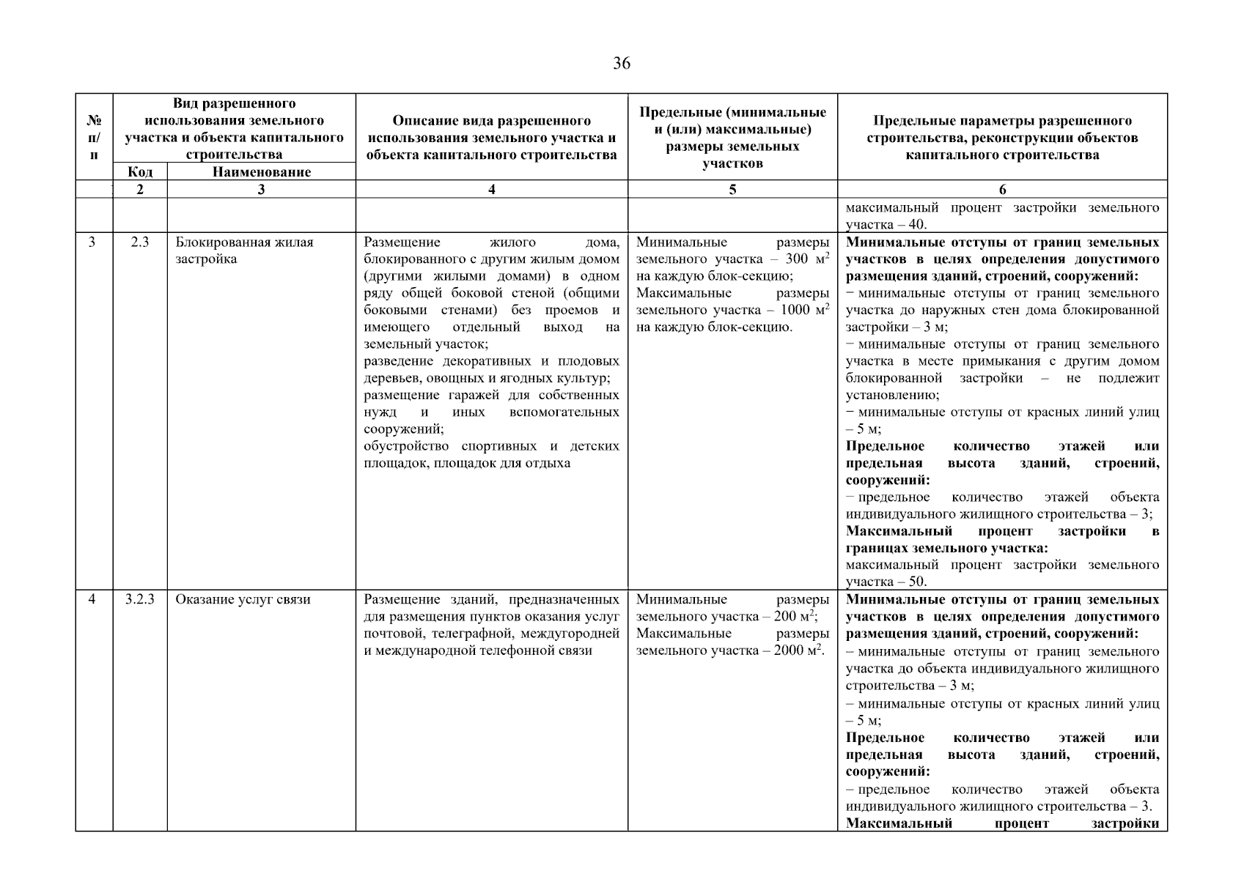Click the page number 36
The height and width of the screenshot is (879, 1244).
(x=621, y=64)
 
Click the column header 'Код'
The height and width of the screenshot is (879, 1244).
(x=140, y=172)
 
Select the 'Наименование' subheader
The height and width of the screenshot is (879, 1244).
(x=261, y=172)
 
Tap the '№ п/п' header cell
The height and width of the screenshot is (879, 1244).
(x=94, y=137)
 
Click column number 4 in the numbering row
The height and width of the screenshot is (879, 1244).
(x=491, y=190)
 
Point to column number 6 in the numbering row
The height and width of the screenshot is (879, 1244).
(x=1002, y=190)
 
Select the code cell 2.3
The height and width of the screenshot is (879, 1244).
(x=140, y=242)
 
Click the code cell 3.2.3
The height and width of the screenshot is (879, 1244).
(x=140, y=599)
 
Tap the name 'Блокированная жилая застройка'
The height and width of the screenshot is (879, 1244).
(x=244, y=251)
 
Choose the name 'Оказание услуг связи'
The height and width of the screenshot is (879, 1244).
(x=243, y=599)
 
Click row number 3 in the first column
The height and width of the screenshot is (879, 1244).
(x=92, y=242)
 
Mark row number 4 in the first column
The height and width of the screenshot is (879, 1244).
(x=92, y=599)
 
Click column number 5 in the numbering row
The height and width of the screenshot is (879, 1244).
(x=732, y=190)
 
